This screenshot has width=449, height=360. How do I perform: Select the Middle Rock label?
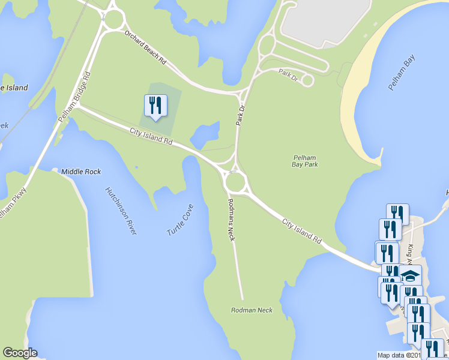tap(81, 172)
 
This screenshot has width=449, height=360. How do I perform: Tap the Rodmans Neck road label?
tap(231, 220)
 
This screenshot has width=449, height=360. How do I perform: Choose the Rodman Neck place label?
tap(252, 310)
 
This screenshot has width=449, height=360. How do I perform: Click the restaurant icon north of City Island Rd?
tap(155, 106)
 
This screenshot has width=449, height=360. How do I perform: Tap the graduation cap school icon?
tap(411, 276)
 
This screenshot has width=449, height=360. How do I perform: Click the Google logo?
tap(20, 353)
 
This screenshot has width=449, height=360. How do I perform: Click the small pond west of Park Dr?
tap(204, 136)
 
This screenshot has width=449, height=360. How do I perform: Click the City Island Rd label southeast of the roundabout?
tap(301, 230)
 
